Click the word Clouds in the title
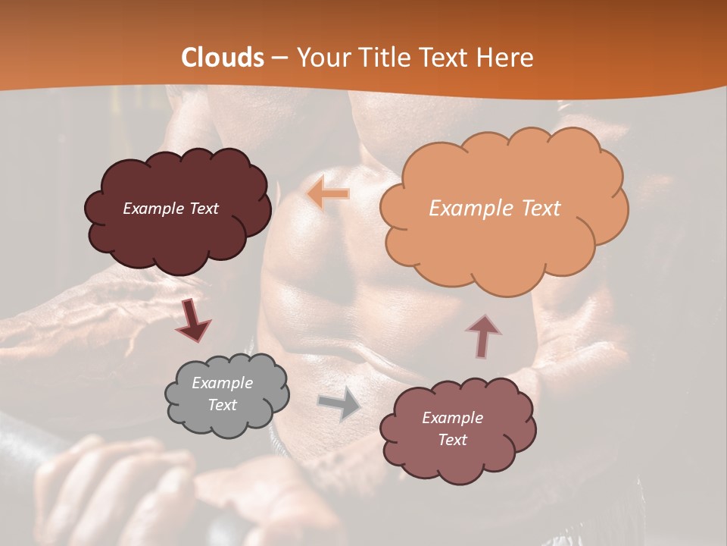[223, 58]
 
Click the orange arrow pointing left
[328, 194]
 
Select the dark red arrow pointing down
[192, 320]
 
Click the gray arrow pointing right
[340, 403]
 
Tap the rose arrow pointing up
[483, 334]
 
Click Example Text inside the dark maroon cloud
[170, 209]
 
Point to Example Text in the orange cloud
[495, 209]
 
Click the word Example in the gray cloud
[222, 383]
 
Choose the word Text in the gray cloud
[222, 405]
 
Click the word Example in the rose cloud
[452, 418]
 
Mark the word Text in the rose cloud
[452, 440]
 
